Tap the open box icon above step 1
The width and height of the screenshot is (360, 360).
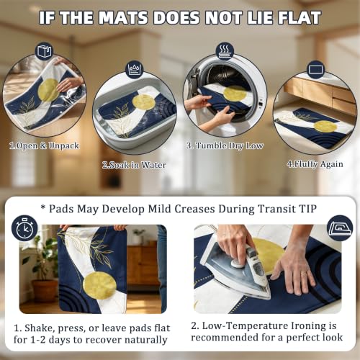click(44, 51)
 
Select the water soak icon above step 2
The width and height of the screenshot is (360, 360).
click(135, 69)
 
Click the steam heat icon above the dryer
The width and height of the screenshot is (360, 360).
click(225, 51)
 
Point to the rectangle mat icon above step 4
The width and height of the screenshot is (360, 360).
click(316, 70)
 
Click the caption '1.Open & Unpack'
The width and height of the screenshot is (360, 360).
click(44, 145)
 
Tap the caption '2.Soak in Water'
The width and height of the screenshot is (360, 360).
click(134, 165)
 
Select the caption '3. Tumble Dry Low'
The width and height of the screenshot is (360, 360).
click(225, 145)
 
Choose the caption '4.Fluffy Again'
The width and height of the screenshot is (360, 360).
click(315, 164)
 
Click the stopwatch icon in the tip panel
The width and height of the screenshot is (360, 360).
click(24, 228)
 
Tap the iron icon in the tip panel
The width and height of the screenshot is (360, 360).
click(340, 228)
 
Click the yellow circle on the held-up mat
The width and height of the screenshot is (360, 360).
click(99, 286)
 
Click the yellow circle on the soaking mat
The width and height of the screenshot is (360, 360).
click(143, 102)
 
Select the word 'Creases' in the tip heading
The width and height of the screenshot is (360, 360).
click(194, 209)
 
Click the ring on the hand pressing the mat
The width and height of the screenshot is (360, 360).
click(303, 274)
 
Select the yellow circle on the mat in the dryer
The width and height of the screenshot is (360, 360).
click(235, 94)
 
